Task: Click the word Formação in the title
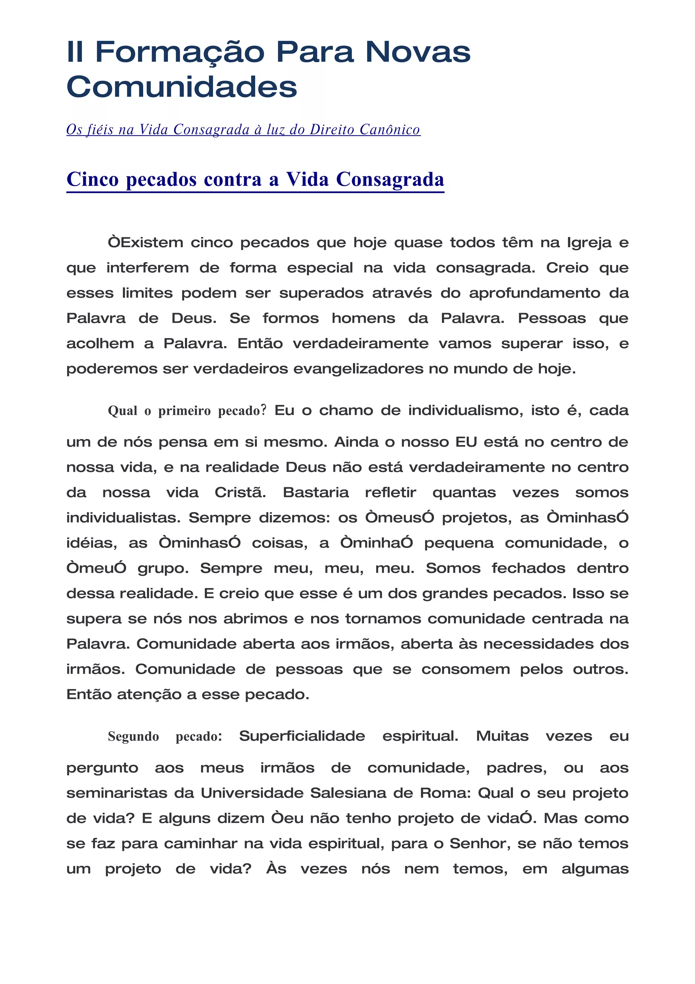click(180, 52)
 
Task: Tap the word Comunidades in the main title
click(182, 87)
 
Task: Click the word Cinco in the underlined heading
click(93, 179)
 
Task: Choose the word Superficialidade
click(302, 736)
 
